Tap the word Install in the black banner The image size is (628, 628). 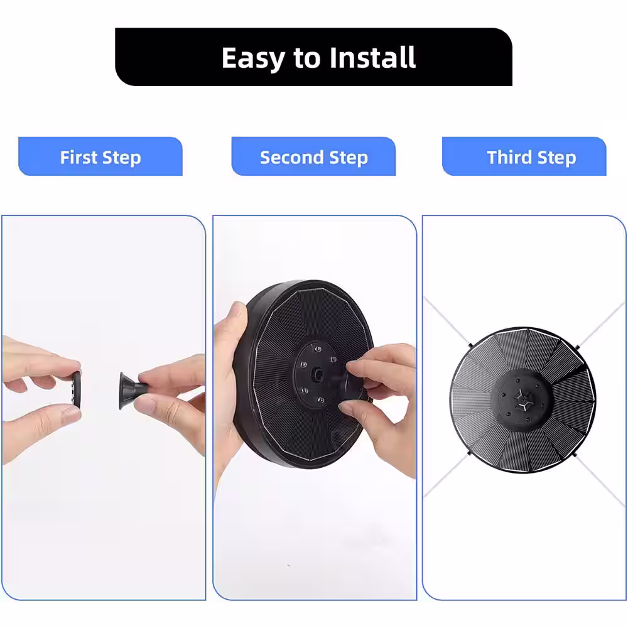click(x=372, y=58)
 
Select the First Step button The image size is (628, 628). click(x=100, y=156)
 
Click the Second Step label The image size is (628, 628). click(x=314, y=157)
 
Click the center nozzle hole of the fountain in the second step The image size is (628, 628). click(x=318, y=375)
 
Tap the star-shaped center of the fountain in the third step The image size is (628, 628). click(x=522, y=400)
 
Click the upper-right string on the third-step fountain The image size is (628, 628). click(x=601, y=324)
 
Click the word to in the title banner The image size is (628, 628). click(x=307, y=58)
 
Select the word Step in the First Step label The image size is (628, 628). click(x=122, y=158)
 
